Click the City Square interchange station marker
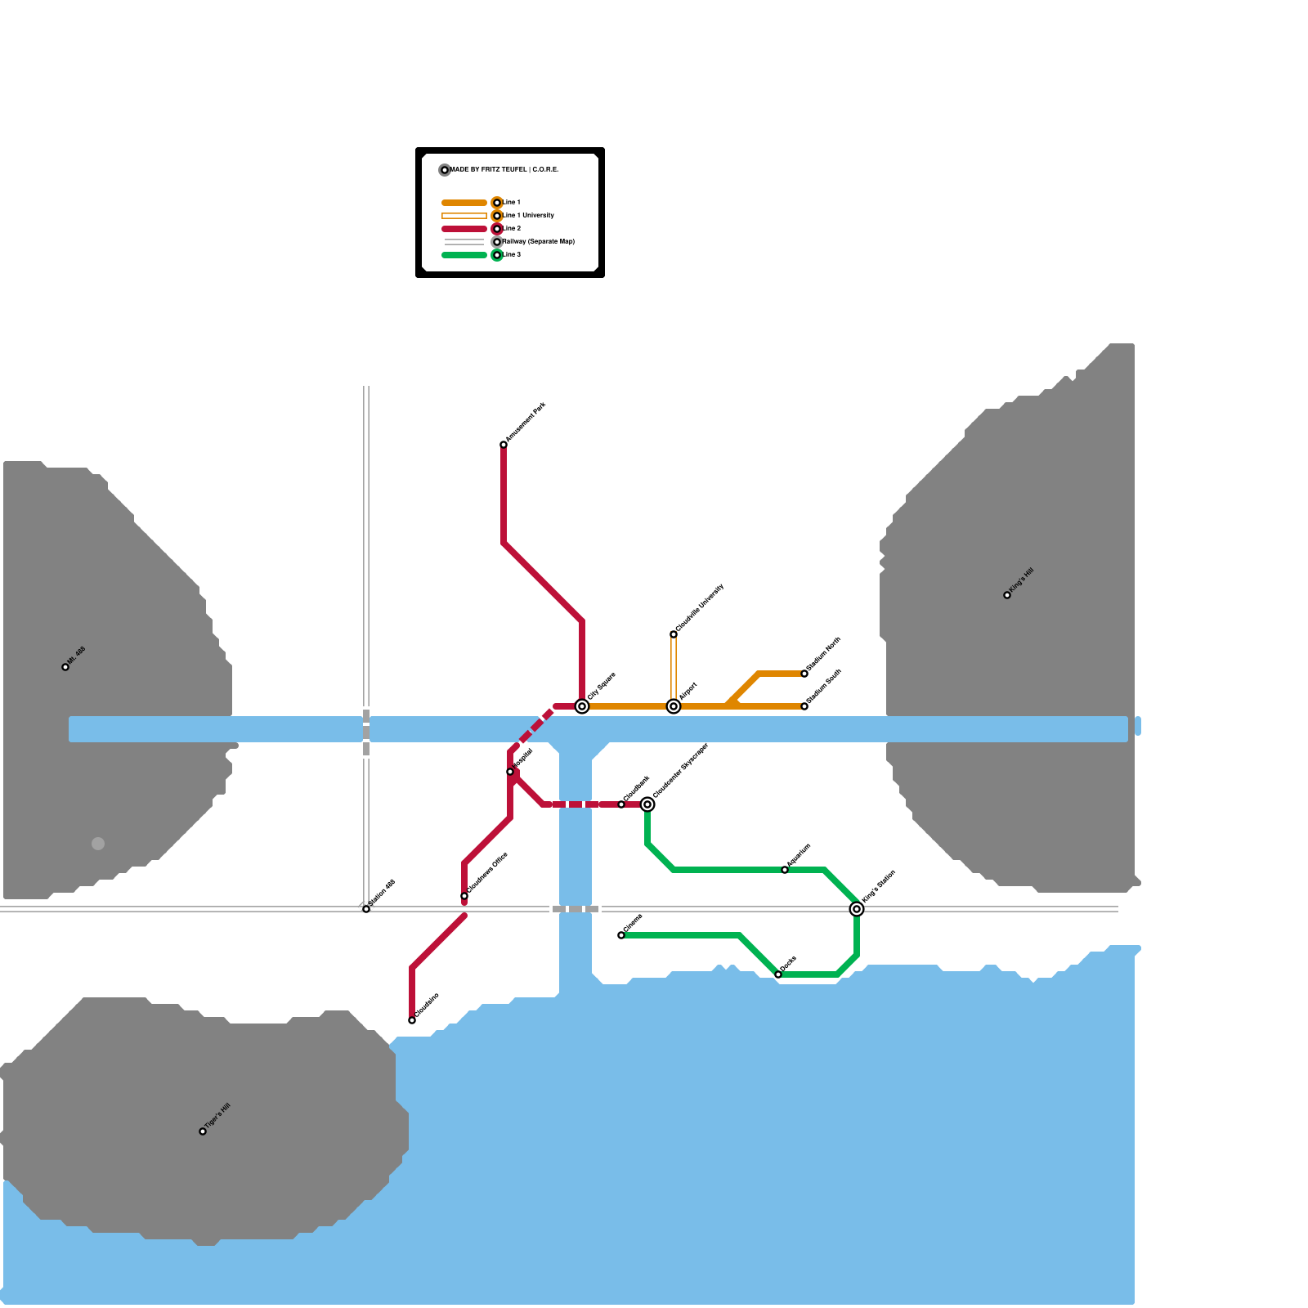click(x=582, y=706)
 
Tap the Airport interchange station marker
click(x=674, y=706)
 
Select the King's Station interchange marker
click(x=857, y=909)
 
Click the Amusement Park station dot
click(x=504, y=445)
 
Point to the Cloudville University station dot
click(x=674, y=634)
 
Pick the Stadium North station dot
click(x=804, y=674)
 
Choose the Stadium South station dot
click(x=804, y=706)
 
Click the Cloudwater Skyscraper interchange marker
click(x=647, y=804)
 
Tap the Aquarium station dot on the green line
click(x=785, y=870)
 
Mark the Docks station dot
click(x=778, y=974)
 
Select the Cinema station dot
click(x=621, y=935)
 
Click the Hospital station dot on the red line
click(x=510, y=772)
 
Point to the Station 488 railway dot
click(x=366, y=909)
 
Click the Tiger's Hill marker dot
click(x=203, y=1131)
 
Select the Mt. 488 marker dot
click(x=65, y=667)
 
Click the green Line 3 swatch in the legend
click(x=464, y=255)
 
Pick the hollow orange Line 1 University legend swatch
click(x=464, y=216)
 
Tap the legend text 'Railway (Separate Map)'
click(x=539, y=242)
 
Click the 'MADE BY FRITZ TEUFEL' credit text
click(x=504, y=170)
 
